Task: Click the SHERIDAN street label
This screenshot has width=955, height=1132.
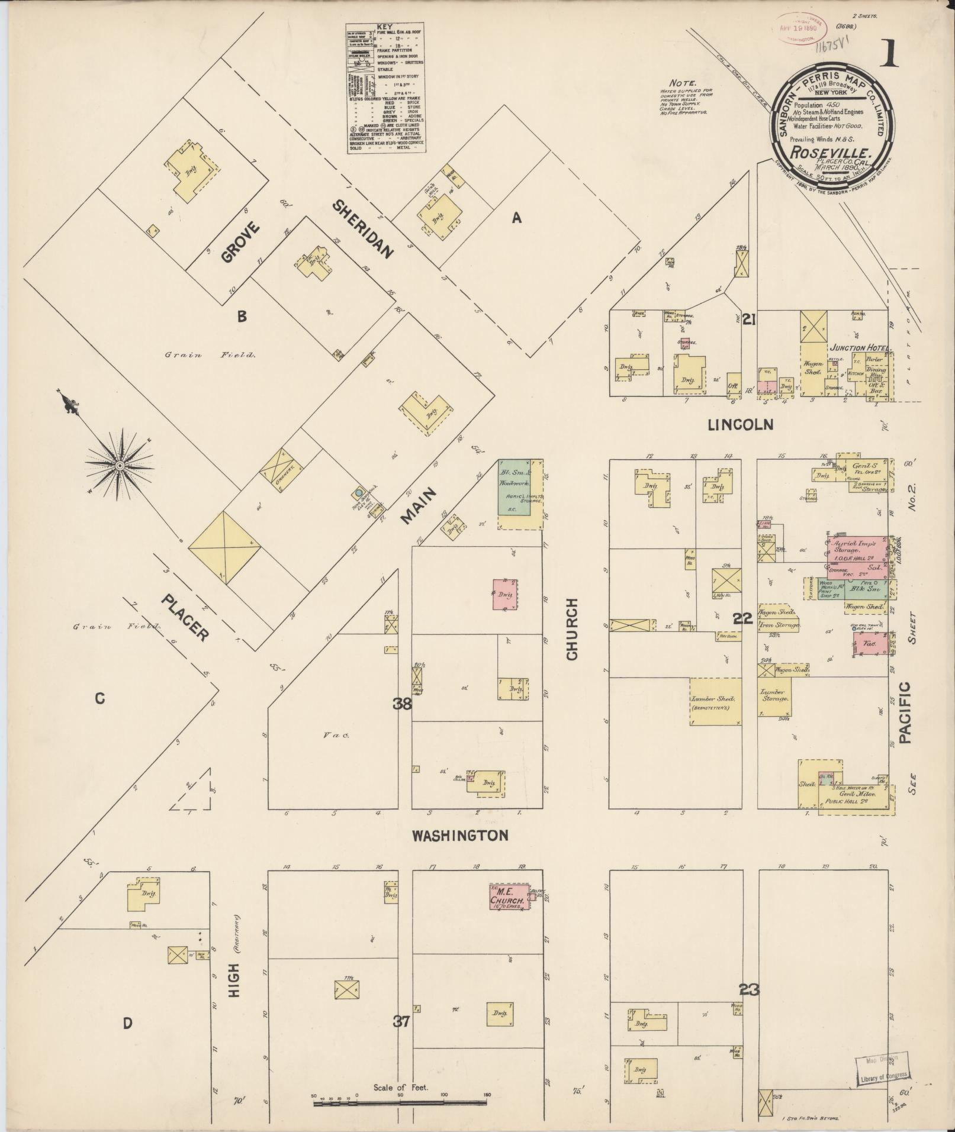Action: click(362, 230)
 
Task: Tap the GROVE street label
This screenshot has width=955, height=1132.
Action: click(240, 241)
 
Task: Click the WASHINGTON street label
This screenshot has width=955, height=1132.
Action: click(460, 836)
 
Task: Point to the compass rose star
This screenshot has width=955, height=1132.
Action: click(119, 466)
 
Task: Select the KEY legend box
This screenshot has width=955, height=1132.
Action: click(387, 89)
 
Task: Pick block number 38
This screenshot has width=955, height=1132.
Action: click(403, 704)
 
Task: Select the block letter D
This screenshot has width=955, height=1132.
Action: click(127, 1023)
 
